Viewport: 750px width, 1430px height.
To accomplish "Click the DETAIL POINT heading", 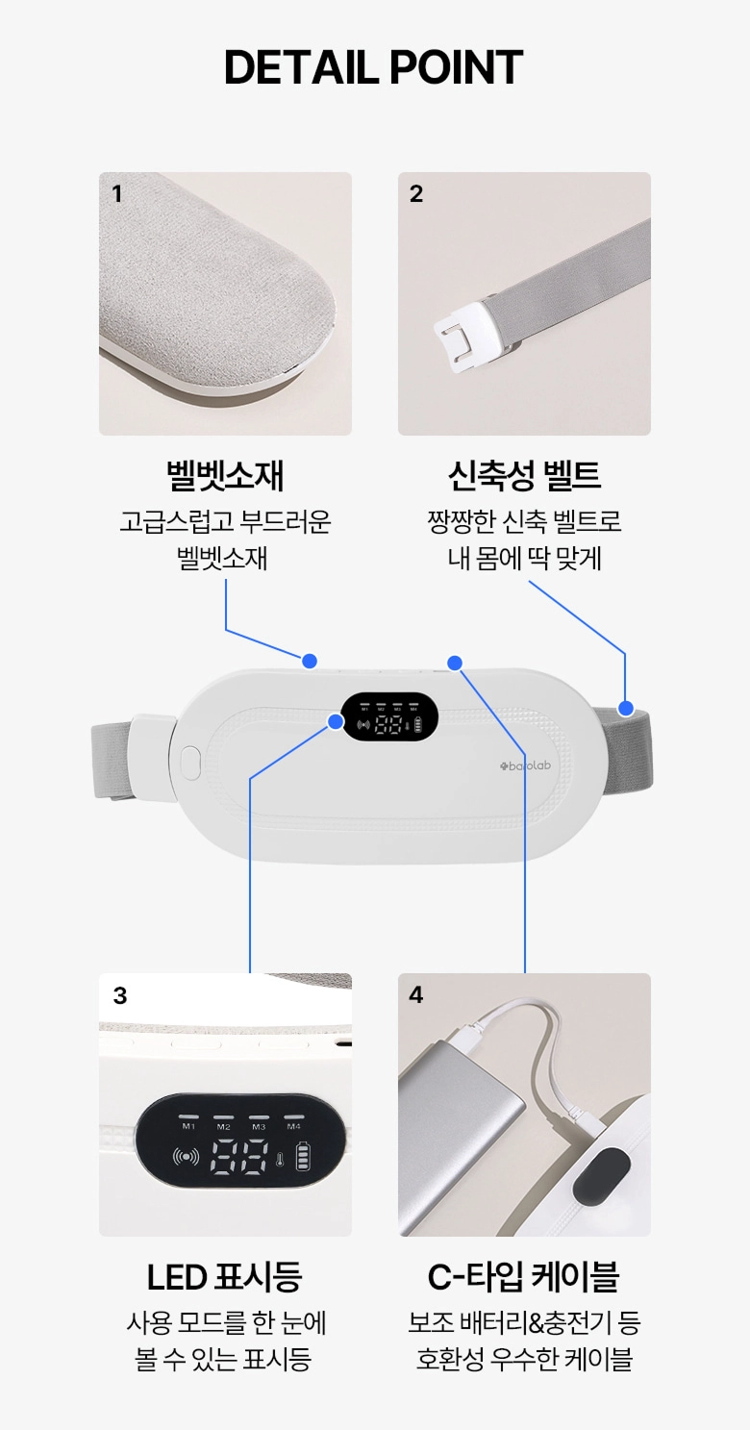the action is (374, 67).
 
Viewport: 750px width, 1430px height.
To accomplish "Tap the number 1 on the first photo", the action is (116, 193).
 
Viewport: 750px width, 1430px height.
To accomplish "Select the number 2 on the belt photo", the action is (416, 193).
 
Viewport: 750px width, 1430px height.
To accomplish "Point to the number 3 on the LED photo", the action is (120, 995).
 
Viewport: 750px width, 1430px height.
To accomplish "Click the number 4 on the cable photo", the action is (416, 994).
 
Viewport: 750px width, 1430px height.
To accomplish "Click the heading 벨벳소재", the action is (225, 476).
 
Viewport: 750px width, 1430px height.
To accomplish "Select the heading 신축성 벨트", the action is (524, 475).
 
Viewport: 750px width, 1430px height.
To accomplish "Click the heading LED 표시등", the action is (225, 1277).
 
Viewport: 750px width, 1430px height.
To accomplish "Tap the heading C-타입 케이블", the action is (524, 1277).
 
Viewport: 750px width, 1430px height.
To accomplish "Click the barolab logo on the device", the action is (525, 765).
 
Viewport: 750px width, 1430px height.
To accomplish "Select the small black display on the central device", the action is (389, 716).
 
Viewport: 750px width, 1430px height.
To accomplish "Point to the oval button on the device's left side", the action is (190, 763).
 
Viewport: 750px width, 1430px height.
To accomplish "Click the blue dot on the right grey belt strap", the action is (626, 708).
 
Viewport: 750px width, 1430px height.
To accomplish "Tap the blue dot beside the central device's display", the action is (336, 722).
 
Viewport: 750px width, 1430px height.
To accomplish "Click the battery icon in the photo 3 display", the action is (305, 1156).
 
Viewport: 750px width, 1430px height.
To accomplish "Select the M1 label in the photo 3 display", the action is (188, 1126).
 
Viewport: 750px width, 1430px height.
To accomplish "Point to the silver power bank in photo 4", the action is (461, 1132).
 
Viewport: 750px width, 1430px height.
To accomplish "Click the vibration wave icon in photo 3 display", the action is (186, 1156).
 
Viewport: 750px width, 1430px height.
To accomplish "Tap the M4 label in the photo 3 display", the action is (293, 1126).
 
